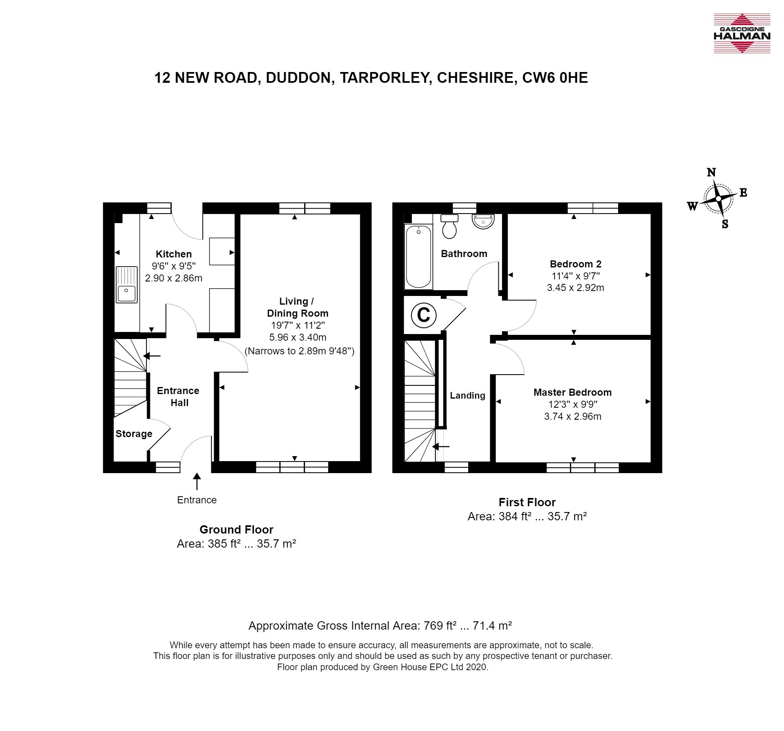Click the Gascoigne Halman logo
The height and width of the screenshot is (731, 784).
pos(742,34)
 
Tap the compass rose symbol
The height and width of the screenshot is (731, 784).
pos(718,199)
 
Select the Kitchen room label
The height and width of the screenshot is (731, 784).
pos(173,254)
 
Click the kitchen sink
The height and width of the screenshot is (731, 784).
pos(127,285)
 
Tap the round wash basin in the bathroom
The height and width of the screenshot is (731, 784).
pos(483,221)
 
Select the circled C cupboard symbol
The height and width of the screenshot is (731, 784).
pos(423,315)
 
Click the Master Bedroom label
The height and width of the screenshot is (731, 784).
pos(572,392)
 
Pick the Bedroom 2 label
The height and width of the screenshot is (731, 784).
pos(575,264)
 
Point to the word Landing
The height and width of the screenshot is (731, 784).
pos(467,396)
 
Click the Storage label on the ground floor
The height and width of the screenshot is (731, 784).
pos(134,434)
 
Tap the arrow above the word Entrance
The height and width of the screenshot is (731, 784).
pos(197,482)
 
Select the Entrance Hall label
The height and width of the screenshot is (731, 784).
pos(178,397)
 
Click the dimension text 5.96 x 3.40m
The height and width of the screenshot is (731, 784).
pos(298,337)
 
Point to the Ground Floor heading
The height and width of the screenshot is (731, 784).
pos(236,530)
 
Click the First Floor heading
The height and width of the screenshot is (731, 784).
pos(527,503)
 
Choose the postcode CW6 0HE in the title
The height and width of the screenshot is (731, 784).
pos(555,78)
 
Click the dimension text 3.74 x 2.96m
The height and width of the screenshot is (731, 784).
pos(572,416)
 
